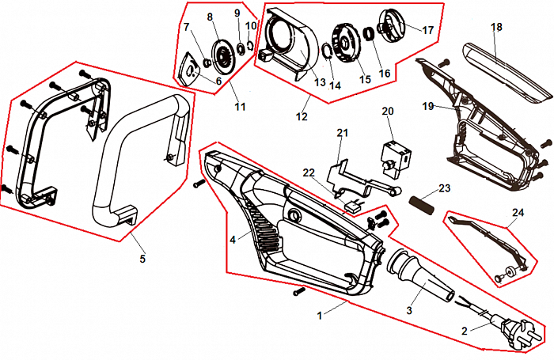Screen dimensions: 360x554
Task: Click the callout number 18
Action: coord(496,28)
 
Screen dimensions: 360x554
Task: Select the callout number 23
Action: coord(444,188)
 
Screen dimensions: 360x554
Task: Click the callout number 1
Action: coord(320,315)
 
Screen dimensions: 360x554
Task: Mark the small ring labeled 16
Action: coord(369,35)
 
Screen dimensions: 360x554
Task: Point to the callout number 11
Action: coord(239,105)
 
